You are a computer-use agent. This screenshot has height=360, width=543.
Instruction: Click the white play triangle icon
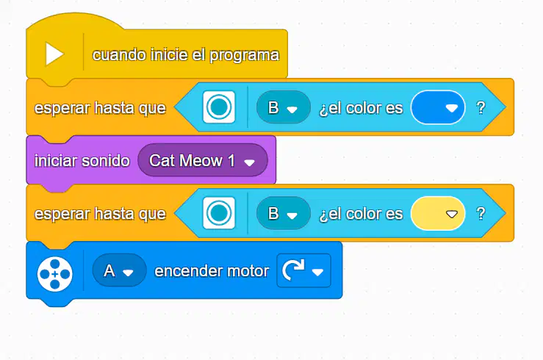(x=54, y=54)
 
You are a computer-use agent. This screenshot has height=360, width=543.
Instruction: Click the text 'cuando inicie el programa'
(x=186, y=55)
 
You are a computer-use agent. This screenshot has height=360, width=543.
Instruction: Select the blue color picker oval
(x=438, y=107)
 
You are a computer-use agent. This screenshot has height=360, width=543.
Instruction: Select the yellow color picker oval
(x=438, y=214)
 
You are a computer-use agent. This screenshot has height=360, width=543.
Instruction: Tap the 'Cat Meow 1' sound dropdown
(x=203, y=160)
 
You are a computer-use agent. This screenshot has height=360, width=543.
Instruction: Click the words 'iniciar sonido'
(x=82, y=161)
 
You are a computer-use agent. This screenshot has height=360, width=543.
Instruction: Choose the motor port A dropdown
(x=119, y=270)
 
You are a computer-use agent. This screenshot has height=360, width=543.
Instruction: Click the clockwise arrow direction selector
(x=303, y=270)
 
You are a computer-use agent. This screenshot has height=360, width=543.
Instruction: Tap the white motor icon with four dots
(x=54, y=274)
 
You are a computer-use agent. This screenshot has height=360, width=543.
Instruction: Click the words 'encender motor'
(x=212, y=271)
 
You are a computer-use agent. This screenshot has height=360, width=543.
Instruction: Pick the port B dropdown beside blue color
(x=284, y=107)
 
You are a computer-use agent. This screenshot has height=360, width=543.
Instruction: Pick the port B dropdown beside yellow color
(x=284, y=214)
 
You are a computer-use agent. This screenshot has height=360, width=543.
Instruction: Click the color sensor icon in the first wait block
(x=219, y=107)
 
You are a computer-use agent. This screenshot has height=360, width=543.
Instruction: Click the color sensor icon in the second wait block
(x=219, y=213)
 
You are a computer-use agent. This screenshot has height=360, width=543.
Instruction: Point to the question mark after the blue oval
(x=481, y=108)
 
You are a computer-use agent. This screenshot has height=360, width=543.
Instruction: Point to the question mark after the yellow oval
(x=481, y=214)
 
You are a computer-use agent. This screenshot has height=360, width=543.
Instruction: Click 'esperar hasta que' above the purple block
(x=100, y=108)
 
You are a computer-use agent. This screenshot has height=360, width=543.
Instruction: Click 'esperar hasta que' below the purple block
(x=100, y=214)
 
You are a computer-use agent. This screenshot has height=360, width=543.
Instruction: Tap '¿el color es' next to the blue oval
(x=361, y=108)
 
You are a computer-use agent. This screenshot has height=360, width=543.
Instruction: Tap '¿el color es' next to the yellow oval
(x=361, y=214)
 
